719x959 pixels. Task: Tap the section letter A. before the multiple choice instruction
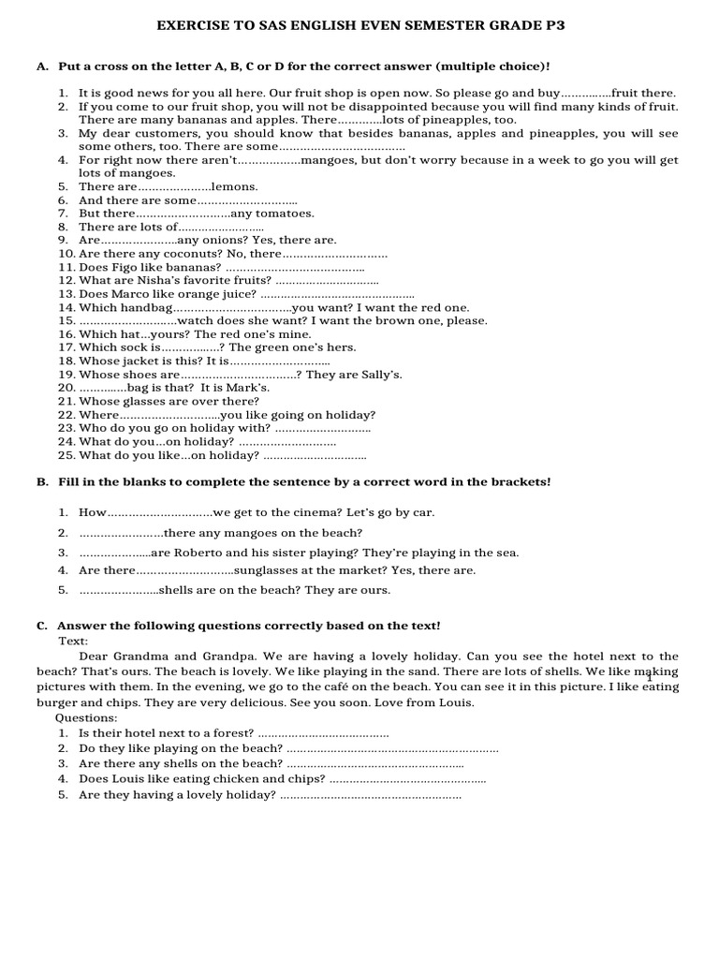42,67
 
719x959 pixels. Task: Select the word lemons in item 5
235,187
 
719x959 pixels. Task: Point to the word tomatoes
285,214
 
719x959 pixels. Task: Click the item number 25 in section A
66,455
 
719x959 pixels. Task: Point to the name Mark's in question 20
247,388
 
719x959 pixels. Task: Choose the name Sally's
378,375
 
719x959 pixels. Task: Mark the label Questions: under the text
86,717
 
